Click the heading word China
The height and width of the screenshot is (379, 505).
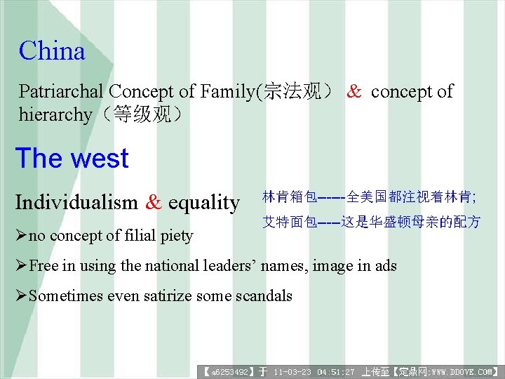pos(52,51)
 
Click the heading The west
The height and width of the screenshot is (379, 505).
pos(72,159)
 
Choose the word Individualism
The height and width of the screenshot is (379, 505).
pos(76,203)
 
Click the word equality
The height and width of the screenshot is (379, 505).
pos(203,203)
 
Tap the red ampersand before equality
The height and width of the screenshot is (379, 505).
pos(153,203)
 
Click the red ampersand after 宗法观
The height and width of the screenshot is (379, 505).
pos(355,91)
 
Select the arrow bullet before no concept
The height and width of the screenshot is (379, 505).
pos(21,236)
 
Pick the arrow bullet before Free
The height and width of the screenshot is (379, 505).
pos(21,266)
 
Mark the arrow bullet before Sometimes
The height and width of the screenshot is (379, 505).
pos(21,296)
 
